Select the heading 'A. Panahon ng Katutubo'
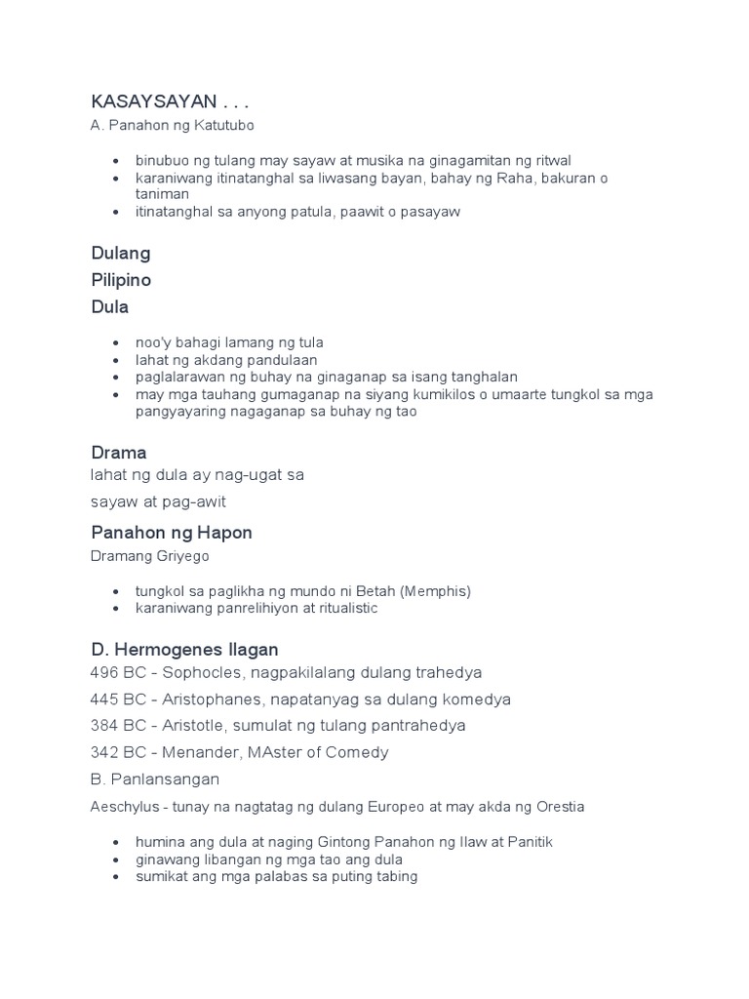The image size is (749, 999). (173, 125)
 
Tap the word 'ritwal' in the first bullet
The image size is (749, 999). (550, 160)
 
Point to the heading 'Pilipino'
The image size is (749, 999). (121, 280)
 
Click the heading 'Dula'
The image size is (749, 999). (109, 306)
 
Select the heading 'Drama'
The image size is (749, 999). (118, 453)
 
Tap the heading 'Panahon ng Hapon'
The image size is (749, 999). (172, 533)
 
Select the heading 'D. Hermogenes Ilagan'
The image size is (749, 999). (184, 649)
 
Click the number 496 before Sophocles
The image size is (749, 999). (104, 673)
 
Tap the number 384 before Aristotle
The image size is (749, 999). (104, 726)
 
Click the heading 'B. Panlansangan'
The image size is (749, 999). (155, 779)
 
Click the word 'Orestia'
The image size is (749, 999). (559, 807)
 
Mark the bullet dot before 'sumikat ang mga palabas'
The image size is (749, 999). (116, 876)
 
